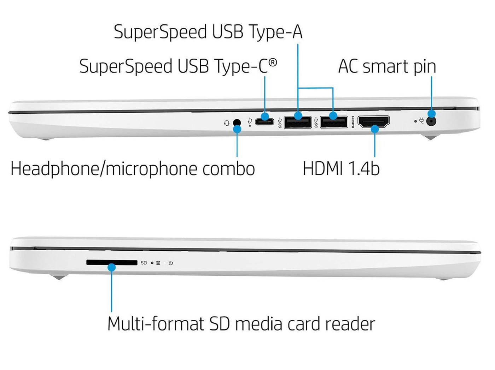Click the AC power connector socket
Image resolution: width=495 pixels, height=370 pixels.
[x=431, y=121]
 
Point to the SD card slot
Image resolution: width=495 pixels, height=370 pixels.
[x=112, y=262]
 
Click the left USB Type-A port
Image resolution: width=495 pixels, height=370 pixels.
[x=298, y=122]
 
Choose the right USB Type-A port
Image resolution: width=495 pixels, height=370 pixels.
[x=333, y=122]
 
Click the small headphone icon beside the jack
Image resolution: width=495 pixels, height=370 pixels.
[x=227, y=123]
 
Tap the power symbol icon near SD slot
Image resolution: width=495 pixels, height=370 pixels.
[x=171, y=263]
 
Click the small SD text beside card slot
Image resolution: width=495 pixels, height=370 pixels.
[x=144, y=263]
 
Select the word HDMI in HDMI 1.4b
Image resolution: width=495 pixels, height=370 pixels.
[x=322, y=168]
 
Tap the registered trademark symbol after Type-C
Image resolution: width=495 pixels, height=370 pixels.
[x=273, y=63]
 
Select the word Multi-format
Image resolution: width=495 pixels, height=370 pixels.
[x=156, y=324]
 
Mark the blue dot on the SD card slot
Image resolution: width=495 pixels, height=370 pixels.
[x=112, y=268]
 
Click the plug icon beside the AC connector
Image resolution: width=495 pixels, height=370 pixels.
[x=421, y=121]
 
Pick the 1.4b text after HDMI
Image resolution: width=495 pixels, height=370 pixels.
[x=364, y=168]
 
